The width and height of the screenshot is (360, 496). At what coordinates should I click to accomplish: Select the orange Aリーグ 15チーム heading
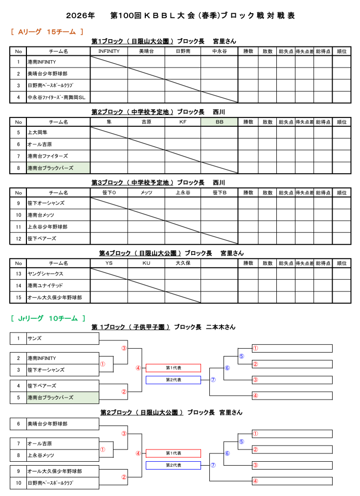coord(47,32)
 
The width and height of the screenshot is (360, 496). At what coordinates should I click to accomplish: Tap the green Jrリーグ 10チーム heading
coord(48,318)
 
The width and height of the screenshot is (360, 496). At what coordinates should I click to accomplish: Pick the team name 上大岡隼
coord(38,133)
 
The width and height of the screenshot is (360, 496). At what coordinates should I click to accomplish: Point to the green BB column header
coord(219,122)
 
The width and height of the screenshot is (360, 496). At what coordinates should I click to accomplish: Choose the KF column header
coord(182,122)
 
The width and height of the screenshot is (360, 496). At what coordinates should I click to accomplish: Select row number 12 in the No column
coord(19,239)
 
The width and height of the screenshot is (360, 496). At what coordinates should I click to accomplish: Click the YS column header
coord(109,263)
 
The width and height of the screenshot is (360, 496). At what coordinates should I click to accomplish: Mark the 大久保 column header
coord(182,263)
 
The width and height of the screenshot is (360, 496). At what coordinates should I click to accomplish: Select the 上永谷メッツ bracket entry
coord(42,455)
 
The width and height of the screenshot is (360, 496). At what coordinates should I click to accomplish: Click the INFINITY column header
coord(109,51)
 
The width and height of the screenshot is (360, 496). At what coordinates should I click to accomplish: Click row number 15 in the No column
coord(19,297)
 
